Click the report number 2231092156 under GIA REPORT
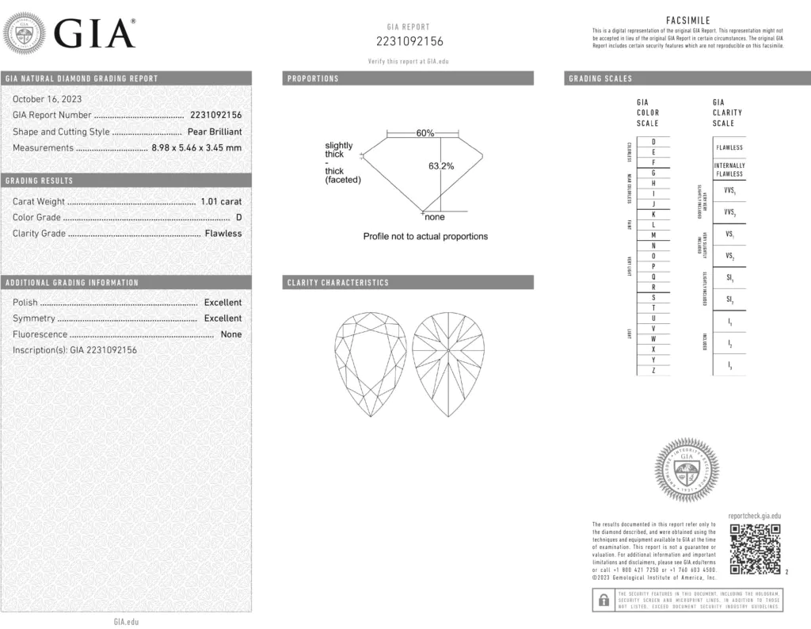pyautogui.click(x=409, y=41)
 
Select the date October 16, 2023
pyautogui.click(x=47, y=99)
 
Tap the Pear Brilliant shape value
pyautogui.click(x=215, y=132)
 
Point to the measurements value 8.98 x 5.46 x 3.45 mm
pyautogui.click(x=196, y=147)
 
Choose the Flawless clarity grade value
pyautogui.click(x=223, y=233)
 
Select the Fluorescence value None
pyautogui.click(x=231, y=334)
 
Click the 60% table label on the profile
pyautogui.click(x=425, y=133)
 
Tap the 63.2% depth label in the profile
pyautogui.click(x=441, y=166)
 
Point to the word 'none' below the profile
pyautogui.click(x=435, y=217)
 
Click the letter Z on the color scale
pyautogui.click(x=653, y=371)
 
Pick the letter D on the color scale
pyautogui.click(x=653, y=141)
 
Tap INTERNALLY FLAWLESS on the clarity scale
pyautogui.click(x=729, y=170)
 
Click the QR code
pyautogui.click(x=755, y=549)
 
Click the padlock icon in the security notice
pyautogui.click(x=603, y=600)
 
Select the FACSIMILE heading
pyautogui.click(x=688, y=21)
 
